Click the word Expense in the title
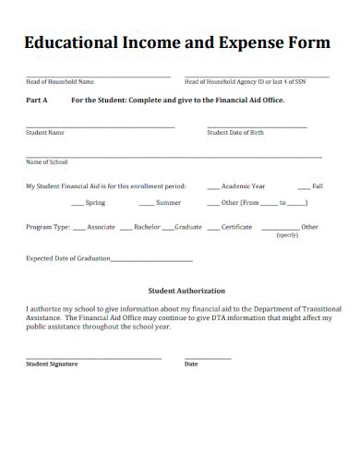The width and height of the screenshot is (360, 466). click(x=252, y=44)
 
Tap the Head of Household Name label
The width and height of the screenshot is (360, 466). click(x=60, y=82)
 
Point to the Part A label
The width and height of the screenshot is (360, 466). click(x=37, y=100)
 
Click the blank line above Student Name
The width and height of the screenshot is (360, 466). click(x=100, y=126)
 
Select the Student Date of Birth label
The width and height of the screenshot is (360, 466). click(x=235, y=133)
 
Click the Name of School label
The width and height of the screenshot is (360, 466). click(x=47, y=162)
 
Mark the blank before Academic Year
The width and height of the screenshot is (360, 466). click(x=213, y=186)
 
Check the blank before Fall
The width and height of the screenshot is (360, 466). click(x=305, y=186)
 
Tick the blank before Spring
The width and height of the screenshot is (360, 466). click(x=73, y=203)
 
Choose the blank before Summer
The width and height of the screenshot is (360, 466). click(x=146, y=203)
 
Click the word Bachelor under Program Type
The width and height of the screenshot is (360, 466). click(x=147, y=227)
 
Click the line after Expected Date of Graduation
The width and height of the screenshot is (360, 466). click(x=152, y=260)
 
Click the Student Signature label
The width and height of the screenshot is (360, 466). click(x=52, y=364)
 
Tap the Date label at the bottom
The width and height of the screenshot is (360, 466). click(x=191, y=364)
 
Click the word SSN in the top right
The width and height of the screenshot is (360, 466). click(x=312, y=82)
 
